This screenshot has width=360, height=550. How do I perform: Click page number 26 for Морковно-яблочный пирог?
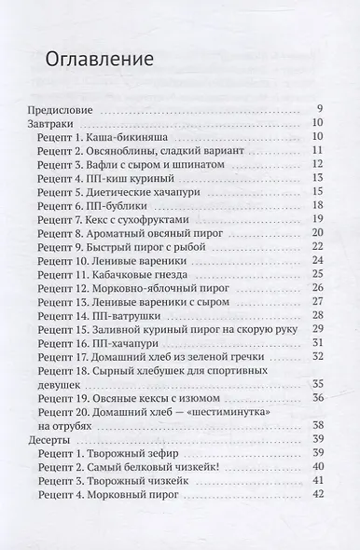point(317,291)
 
